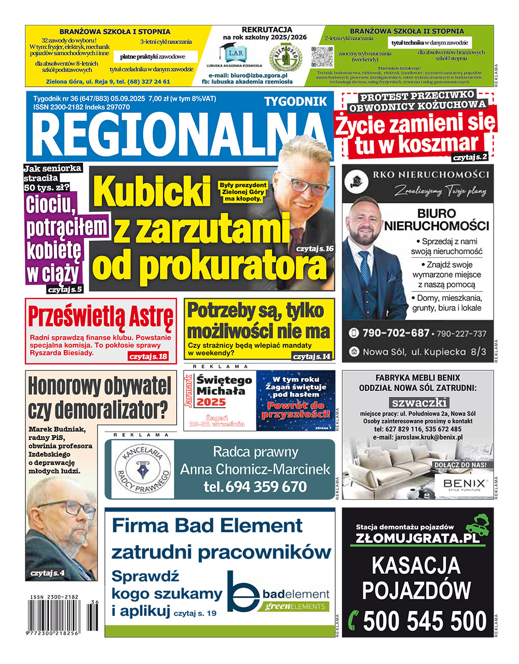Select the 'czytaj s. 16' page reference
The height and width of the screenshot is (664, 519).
click(x=315, y=249)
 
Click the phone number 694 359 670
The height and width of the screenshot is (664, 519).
click(x=265, y=487)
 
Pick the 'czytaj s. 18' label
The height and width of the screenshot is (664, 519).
click(x=148, y=356)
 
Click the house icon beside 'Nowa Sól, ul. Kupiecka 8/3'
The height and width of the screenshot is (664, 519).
click(x=354, y=351)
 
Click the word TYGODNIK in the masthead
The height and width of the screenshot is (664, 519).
click(x=296, y=101)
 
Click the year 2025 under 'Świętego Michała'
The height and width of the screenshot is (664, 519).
click(x=211, y=402)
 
